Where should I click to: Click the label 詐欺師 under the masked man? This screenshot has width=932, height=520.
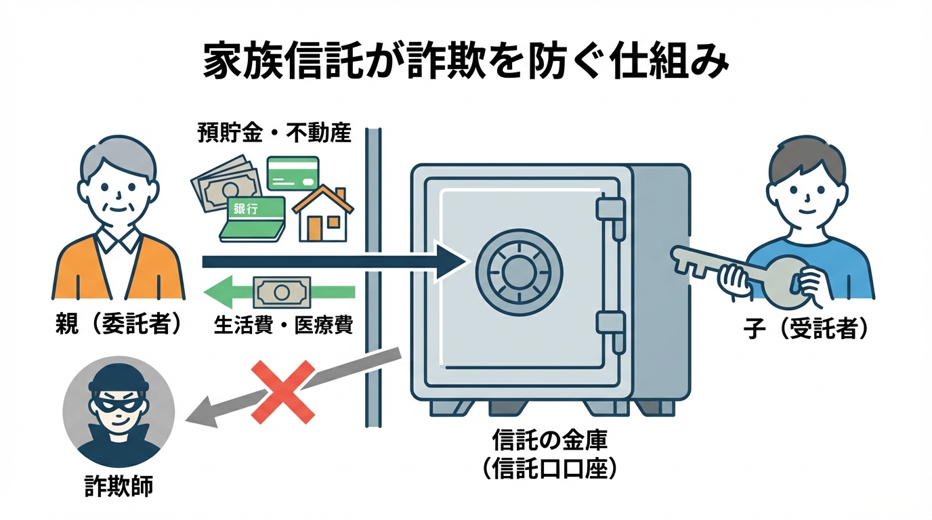coord(119,487)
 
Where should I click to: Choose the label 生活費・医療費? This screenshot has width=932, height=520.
coord(282,326)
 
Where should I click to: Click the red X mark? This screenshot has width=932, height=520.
coord(283,391)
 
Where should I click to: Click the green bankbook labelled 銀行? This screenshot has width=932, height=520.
coord(253,218)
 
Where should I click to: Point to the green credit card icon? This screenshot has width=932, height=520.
coord(293,173)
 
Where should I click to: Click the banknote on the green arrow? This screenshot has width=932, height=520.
coord(280,292)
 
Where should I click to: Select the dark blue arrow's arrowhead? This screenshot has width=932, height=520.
coord(450,262)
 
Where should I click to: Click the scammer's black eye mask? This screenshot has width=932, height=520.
coord(119,403)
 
